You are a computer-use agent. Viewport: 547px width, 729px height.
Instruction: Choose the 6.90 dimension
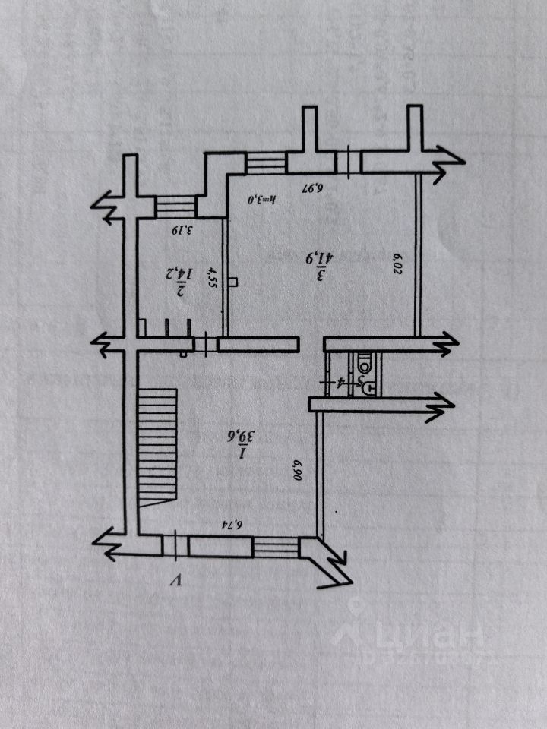(x=298, y=465)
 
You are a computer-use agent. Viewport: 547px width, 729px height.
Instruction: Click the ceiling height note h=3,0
(x=264, y=199)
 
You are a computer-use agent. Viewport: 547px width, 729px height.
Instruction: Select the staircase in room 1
(x=158, y=445)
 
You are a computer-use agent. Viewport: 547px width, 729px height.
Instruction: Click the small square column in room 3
(x=232, y=282)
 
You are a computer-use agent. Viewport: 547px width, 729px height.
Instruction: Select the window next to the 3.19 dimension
(x=175, y=207)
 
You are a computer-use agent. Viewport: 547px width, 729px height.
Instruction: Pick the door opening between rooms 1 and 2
(x=205, y=344)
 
